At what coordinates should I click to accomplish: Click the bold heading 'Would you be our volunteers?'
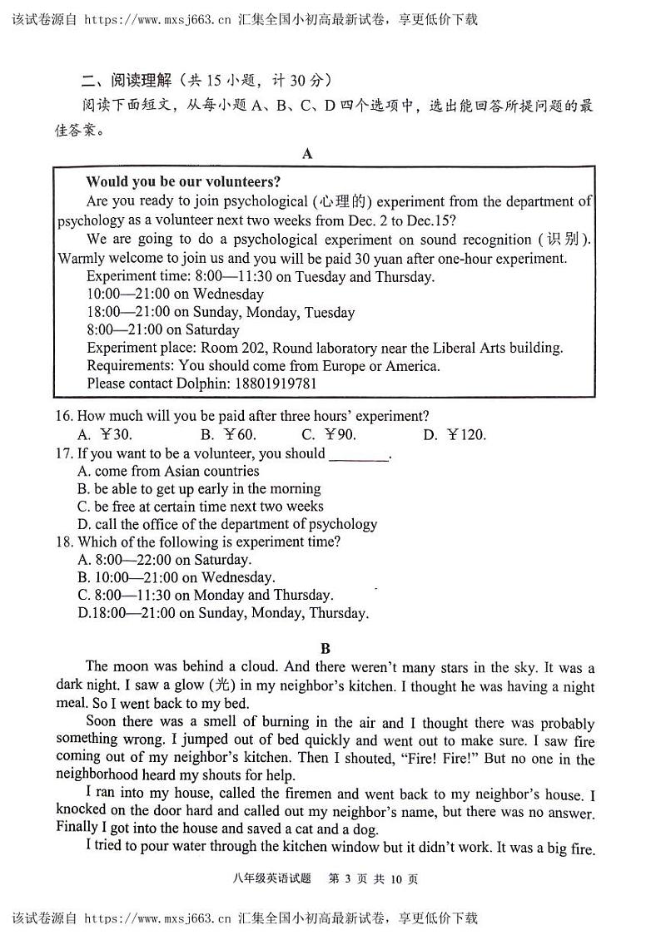pos(183,182)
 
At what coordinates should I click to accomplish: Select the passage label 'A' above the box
pos(307,154)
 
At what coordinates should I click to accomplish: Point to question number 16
pos(65,416)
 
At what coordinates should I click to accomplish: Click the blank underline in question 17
pos(359,454)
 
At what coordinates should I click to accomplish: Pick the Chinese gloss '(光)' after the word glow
pos(222,686)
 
